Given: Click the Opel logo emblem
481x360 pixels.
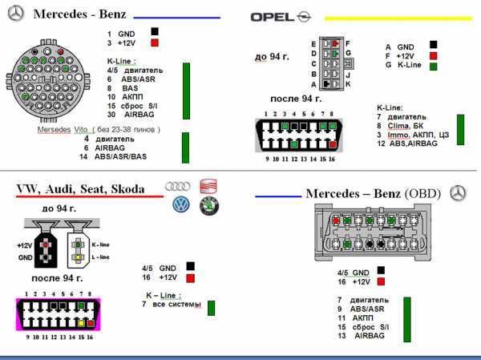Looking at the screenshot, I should coord(304,15).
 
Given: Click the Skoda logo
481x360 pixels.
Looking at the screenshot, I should coord(209,206).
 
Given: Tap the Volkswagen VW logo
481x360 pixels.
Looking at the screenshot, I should coord(181,204).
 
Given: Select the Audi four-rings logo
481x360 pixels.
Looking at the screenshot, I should coord(177,186).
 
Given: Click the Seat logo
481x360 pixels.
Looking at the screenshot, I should coord(209,186).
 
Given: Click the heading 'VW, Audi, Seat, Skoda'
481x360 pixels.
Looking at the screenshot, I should coord(81,189).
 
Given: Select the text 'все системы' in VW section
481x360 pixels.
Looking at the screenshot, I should coord(175,305).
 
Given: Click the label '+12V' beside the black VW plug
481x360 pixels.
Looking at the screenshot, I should coord(24,245).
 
